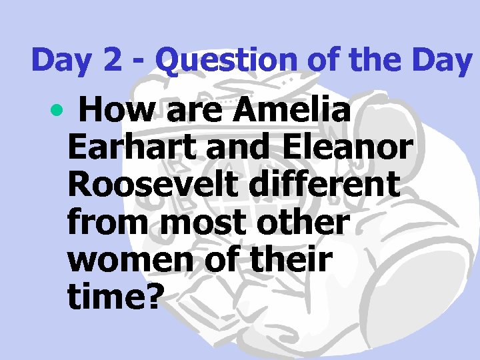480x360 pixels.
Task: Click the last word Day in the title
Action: pyautogui.click(x=441, y=61)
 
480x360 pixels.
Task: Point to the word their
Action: pyautogui.click(x=292, y=261)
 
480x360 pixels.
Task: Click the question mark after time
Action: pyautogui.click(x=153, y=298)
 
